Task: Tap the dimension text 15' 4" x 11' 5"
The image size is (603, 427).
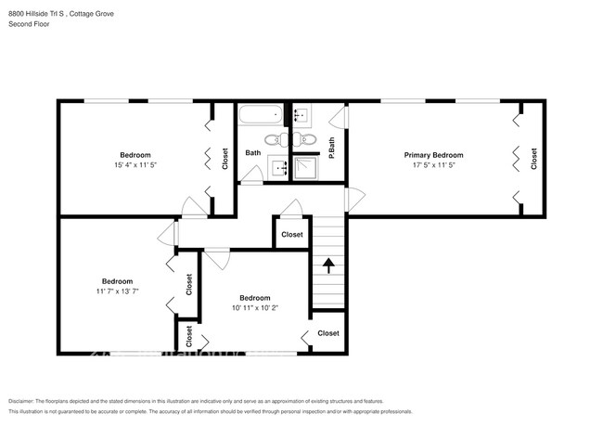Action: tap(135, 166)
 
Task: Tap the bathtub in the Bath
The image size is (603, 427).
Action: tap(258, 116)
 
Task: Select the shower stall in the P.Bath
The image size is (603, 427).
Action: tap(306, 167)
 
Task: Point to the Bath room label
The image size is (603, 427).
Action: tap(253, 152)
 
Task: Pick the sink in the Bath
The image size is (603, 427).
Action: tap(277, 167)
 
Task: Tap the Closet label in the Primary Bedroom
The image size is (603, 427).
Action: tap(533, 159)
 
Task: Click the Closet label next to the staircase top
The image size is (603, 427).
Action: tap(291, 235)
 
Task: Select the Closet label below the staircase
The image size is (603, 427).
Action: tap(328, 333)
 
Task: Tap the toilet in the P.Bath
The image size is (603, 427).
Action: tap(304, 141)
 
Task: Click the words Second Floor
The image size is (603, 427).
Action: tap(29, 24)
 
